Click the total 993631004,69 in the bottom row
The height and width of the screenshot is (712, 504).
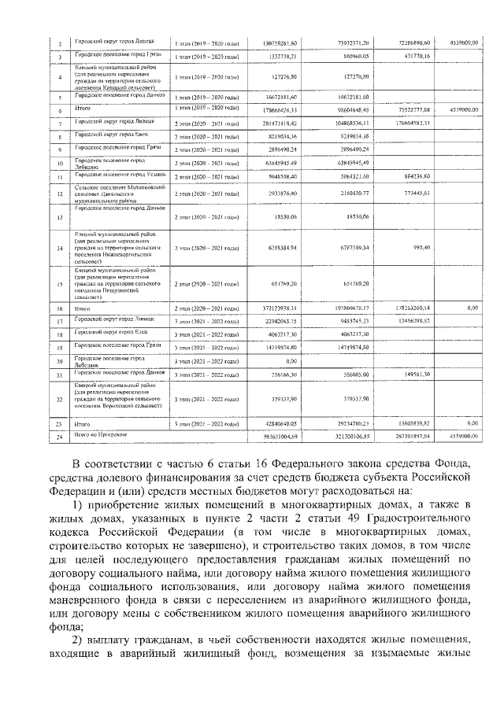[x=280, y=435]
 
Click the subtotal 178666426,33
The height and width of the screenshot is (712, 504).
[x=280, y=111]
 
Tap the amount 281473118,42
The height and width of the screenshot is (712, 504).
[x=280, y=124]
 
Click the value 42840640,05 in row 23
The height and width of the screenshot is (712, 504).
[x=280, y=423]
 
